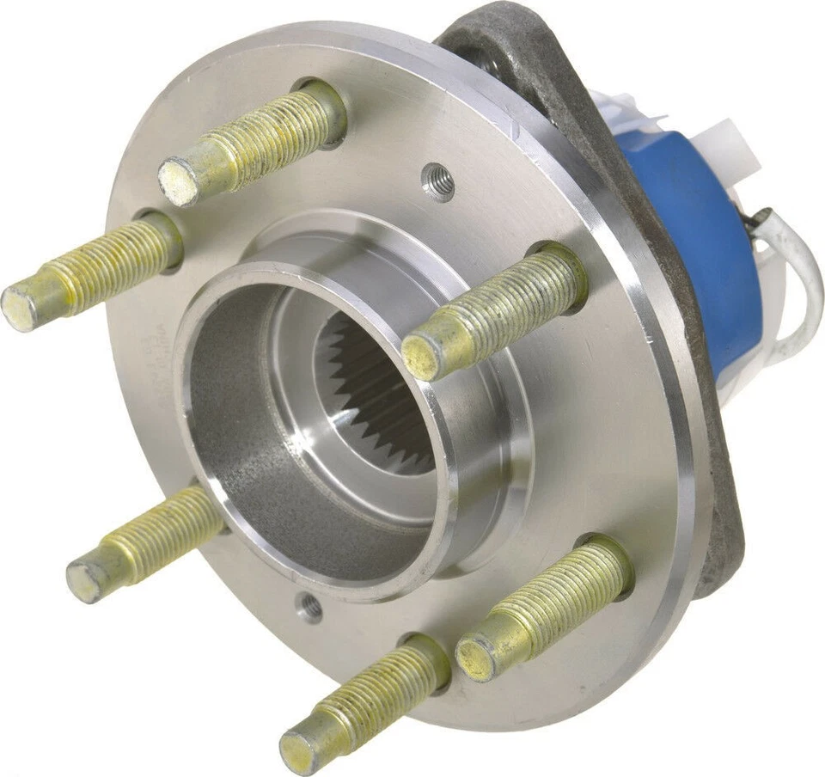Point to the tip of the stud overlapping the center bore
pos(424,354)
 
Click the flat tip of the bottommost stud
pos(301,748)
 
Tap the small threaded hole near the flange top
pos(440,181)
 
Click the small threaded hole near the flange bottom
pos(309,608)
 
